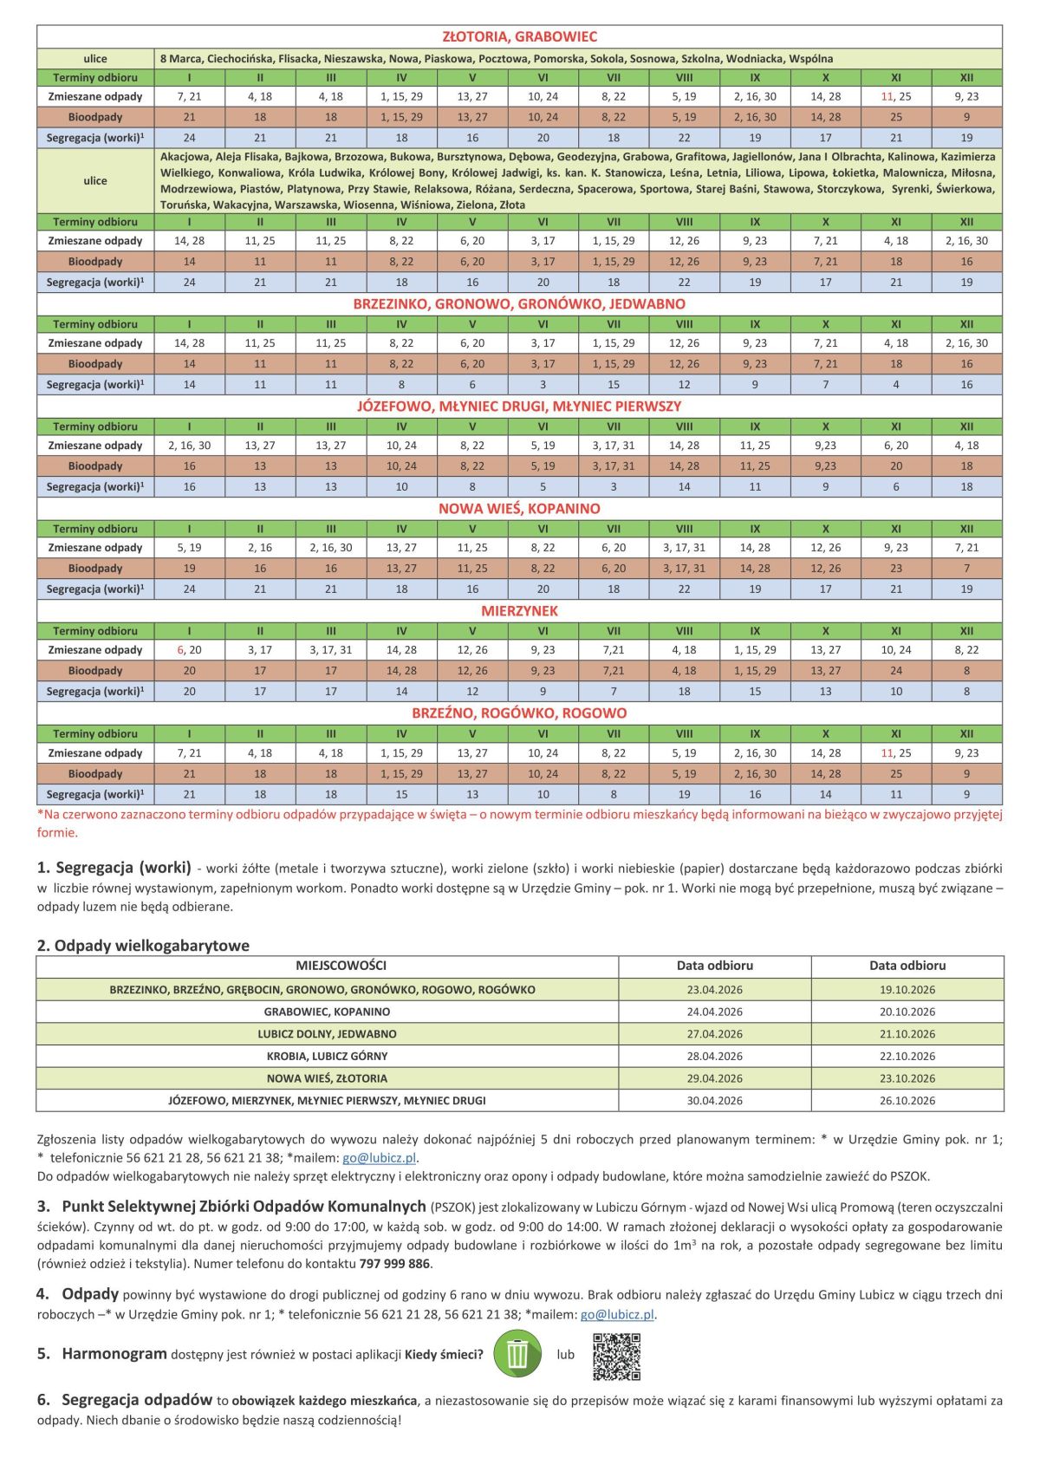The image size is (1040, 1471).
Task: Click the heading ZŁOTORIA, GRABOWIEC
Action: pos(519,36)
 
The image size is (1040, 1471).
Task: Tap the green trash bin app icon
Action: pos(517,1354)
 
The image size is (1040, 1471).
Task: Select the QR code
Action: pos(616,1356)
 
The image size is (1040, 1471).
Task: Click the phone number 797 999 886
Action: pos(394,1263)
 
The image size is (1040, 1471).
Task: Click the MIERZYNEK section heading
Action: pos(519,610)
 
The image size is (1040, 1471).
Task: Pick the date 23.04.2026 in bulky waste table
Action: pos(714,989)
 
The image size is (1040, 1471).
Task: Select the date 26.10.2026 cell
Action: pos(907,1100)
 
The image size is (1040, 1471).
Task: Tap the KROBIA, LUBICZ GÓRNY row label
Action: pos(327,1056)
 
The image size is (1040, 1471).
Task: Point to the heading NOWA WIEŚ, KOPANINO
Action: pos(519,508)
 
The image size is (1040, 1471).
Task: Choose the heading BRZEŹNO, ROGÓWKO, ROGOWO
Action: pos(519,713)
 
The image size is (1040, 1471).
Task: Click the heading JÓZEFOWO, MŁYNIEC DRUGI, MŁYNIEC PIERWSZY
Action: pos(519,406)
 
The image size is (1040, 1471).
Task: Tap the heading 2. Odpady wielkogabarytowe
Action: pos(143,946)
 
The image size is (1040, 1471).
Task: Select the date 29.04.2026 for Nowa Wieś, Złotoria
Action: pos(714,1078)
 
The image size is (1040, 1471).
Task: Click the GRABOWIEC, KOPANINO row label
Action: pos(327,1012)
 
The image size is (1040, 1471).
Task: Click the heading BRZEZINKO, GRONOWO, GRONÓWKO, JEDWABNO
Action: pos(519,303)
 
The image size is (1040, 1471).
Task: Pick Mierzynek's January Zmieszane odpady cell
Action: pos(189,650)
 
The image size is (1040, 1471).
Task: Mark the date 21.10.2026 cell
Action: pos(907,1033)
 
